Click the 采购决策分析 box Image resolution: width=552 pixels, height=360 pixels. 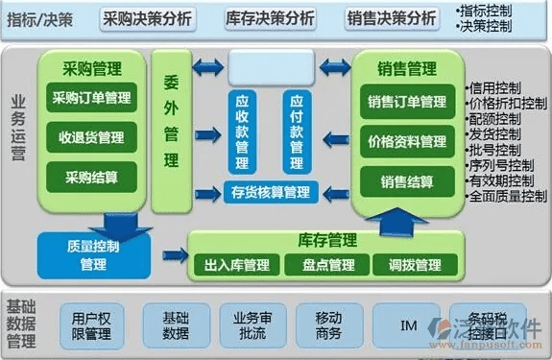(146, 18)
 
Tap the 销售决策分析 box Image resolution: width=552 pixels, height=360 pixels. (391, 18)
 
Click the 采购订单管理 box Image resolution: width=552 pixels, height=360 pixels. (91, 98)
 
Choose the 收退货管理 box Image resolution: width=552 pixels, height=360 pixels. (91, 137)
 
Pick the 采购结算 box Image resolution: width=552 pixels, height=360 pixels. (91, 177)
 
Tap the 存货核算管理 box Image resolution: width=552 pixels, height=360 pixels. (270, 192)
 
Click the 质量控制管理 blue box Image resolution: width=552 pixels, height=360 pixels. (93, 254)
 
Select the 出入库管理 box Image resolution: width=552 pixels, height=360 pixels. (231, 264)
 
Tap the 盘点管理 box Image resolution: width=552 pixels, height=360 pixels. (322, 264)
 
